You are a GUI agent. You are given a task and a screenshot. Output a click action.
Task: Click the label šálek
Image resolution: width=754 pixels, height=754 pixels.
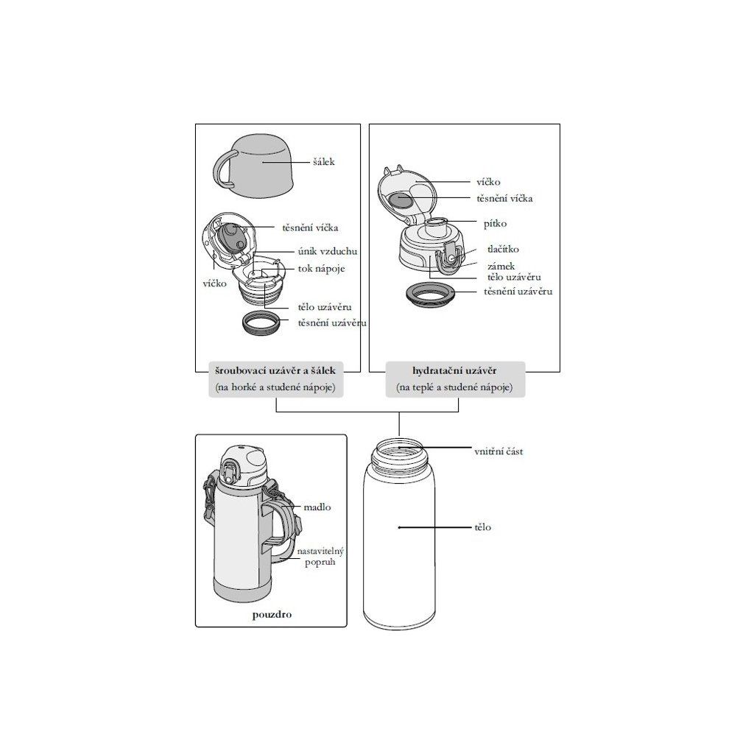[323, 162]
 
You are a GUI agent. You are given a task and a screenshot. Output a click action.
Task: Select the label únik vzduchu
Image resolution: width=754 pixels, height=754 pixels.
[328, 252]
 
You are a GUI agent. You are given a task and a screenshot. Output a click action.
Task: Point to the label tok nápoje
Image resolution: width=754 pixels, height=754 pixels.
[321, 269]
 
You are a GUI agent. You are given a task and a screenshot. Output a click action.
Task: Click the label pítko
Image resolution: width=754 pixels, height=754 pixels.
[495, 224]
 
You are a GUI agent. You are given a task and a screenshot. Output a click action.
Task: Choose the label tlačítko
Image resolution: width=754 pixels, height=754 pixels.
[503, 249]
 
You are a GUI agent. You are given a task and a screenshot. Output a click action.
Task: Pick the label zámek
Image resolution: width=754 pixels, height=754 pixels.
[501, 266]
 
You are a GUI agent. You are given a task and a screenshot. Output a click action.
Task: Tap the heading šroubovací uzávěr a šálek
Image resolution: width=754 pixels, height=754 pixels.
[275, 371]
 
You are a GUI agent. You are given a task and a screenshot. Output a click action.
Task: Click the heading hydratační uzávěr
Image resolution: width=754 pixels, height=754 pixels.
[454, 371]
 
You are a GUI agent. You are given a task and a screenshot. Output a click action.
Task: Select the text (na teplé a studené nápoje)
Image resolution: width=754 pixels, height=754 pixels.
[454, 387]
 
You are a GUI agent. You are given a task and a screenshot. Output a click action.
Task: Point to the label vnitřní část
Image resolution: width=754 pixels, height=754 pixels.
[498, 451]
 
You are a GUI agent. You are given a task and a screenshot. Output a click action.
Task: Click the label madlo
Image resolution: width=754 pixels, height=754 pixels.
[317, 507]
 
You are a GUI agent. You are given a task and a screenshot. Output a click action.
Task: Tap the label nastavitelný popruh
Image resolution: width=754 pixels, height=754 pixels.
[320, 557]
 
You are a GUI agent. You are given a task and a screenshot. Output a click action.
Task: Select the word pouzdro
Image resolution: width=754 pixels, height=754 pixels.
[272, 615]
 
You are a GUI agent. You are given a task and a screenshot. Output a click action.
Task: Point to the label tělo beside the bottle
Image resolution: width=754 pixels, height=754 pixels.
[483, 527]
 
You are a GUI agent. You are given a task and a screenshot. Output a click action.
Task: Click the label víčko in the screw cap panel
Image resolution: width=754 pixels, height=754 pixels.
[214, 283]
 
